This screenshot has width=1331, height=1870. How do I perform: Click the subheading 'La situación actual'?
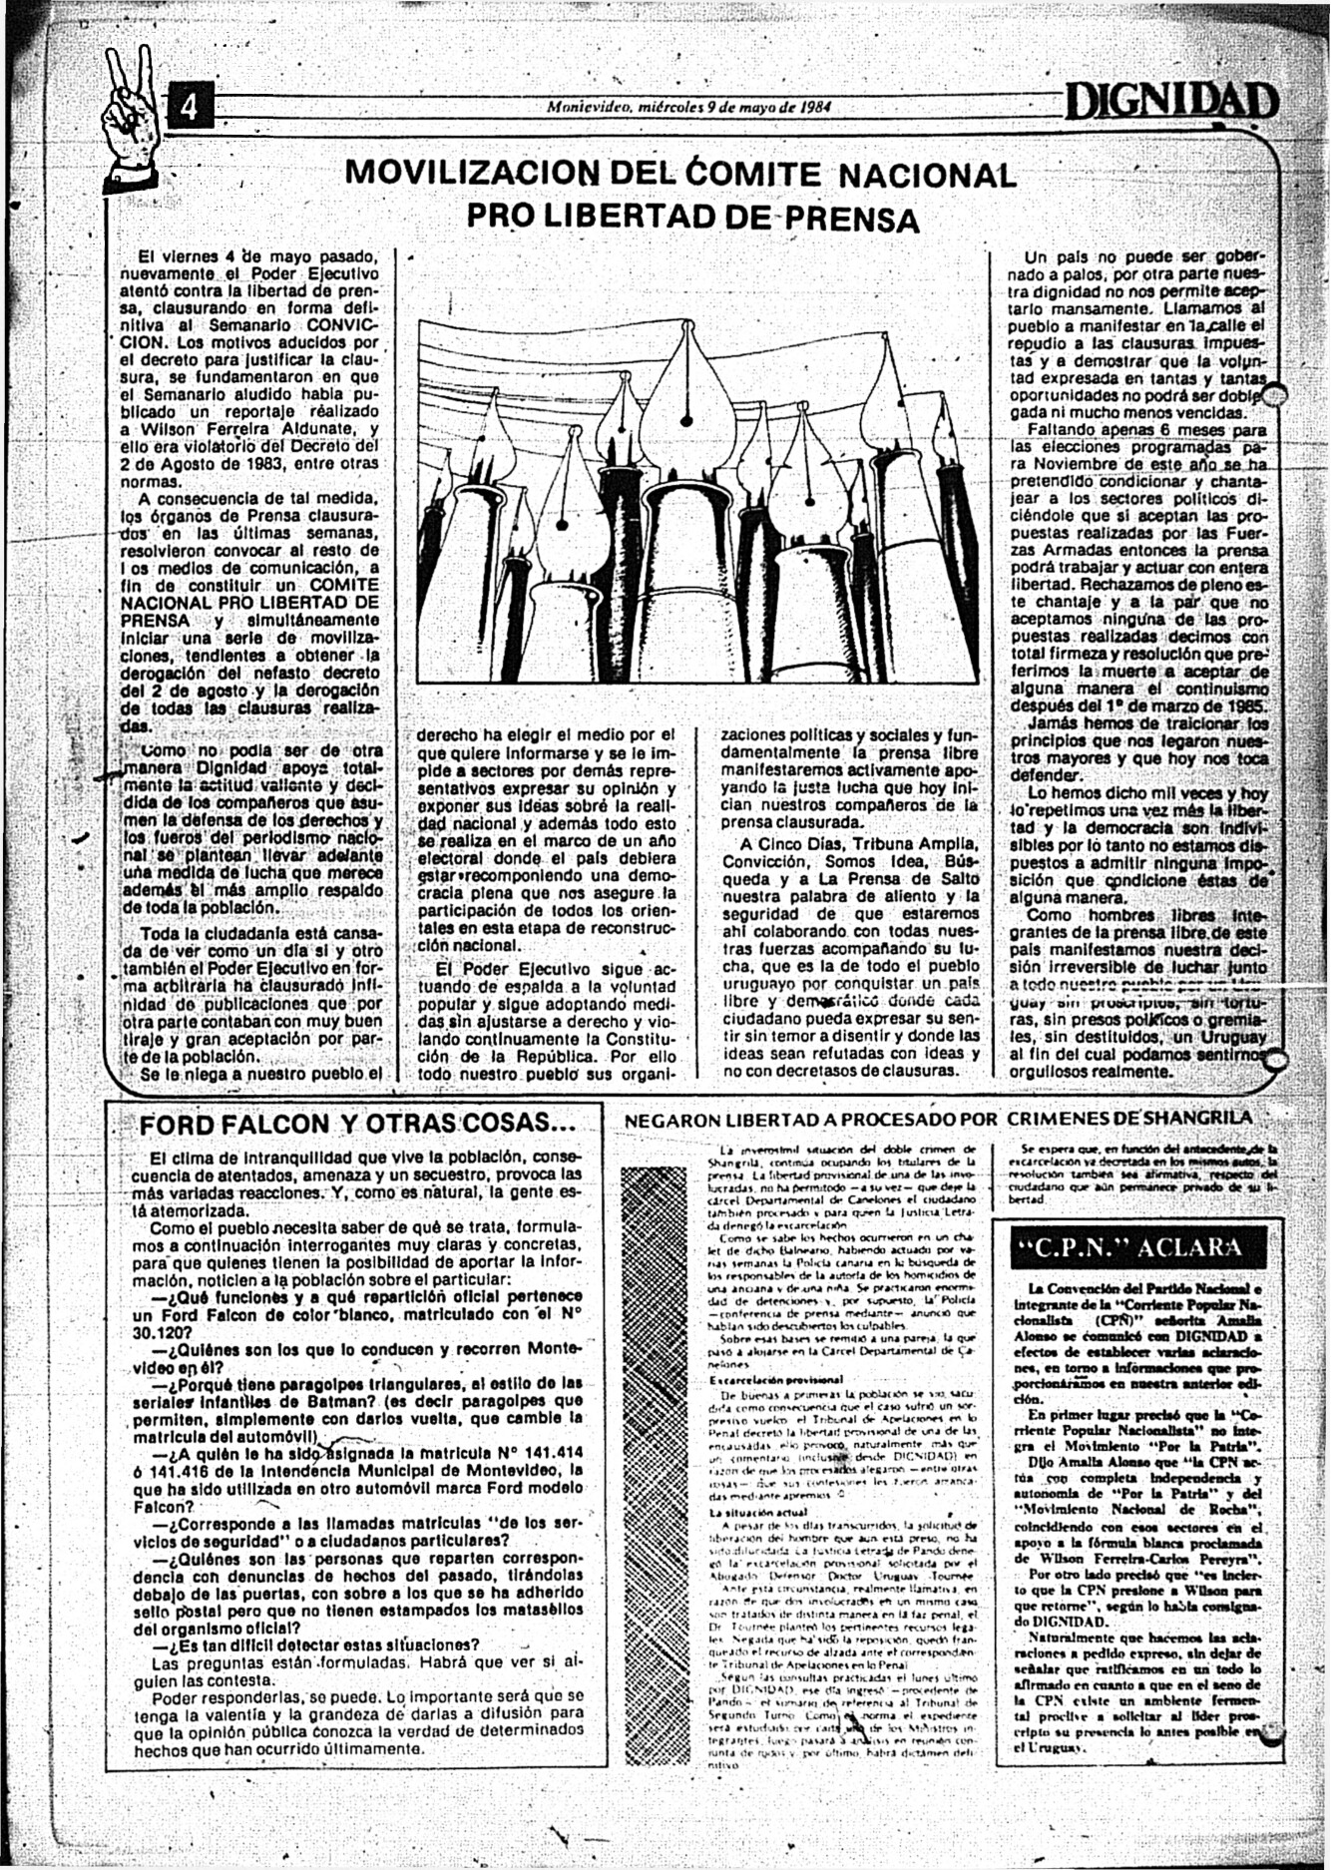743,1514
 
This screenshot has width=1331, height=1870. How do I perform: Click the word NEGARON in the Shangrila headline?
665,1120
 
